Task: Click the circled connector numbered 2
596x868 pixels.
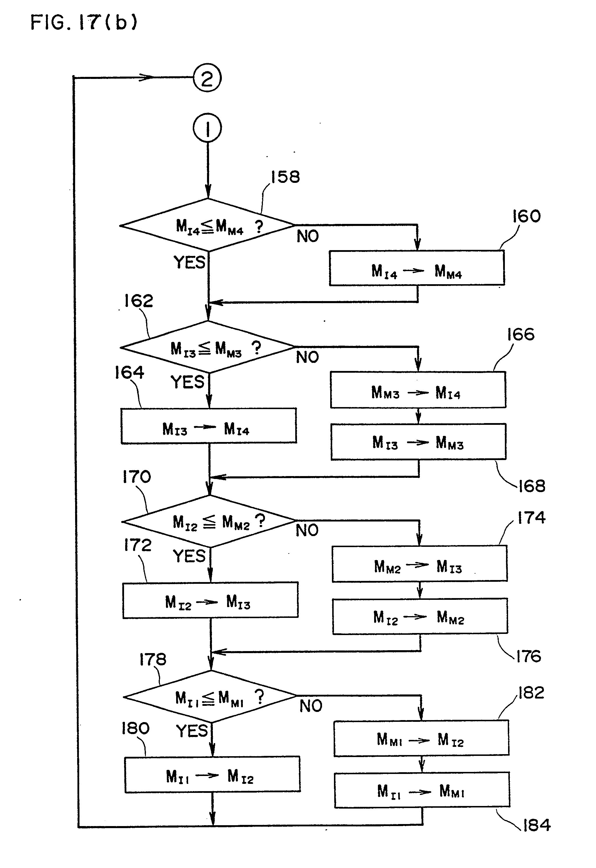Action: pos(207,78)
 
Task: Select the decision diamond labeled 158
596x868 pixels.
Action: pos(208,225)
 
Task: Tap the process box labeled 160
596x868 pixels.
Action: pos(417,268)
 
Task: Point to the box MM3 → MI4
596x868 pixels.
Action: pos(418,390)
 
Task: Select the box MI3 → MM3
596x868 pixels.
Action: pos(418,441)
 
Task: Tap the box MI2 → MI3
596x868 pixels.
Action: pos(210,600)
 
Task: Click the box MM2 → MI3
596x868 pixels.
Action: pos(419,564)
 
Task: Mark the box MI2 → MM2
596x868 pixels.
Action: pos(420,616)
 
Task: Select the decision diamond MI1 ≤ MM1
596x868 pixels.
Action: pos(210,696)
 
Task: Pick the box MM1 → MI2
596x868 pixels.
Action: pos(421,738)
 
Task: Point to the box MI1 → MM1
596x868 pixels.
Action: pos(422,790)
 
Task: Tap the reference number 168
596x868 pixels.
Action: pos(532,486)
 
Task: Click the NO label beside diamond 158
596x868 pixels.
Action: pos(308,236)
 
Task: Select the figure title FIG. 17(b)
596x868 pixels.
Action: pos(84,22)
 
